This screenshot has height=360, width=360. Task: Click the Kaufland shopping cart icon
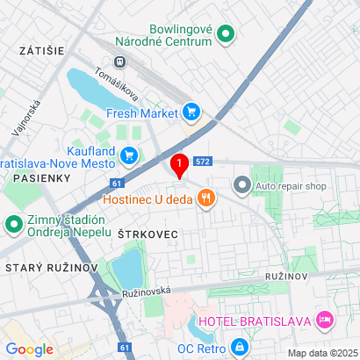click(x=130, y=156)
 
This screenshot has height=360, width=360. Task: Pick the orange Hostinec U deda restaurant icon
click(x=206, y=198)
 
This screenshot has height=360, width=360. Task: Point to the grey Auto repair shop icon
click(x=241, y=185)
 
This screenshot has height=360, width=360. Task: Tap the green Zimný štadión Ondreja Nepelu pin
click(x=14, y=225)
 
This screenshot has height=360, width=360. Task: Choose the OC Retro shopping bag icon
click(x=239, y=348)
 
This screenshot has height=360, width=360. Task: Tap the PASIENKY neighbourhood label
click(x=36, y=178)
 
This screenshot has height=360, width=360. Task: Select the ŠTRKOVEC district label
click(x=148, y=234)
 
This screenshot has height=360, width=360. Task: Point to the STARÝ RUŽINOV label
click(x=42, y=266)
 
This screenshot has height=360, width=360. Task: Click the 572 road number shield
click(x=204, y=162)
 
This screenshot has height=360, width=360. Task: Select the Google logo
click(x=30, y=349)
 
